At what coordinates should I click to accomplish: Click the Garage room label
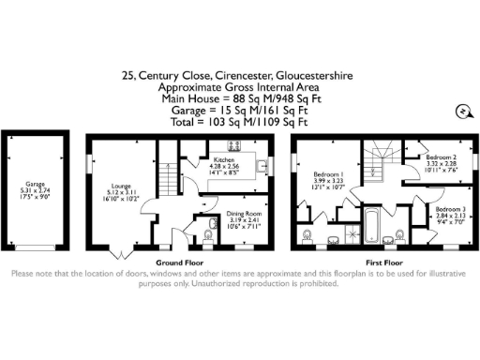point(36,185)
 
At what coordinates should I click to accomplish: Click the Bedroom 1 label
point(328,175)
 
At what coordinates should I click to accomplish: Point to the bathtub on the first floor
point(368,226)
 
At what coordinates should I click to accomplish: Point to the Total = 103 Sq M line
point(239,122)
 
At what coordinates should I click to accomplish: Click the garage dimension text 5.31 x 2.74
point(36,192)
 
